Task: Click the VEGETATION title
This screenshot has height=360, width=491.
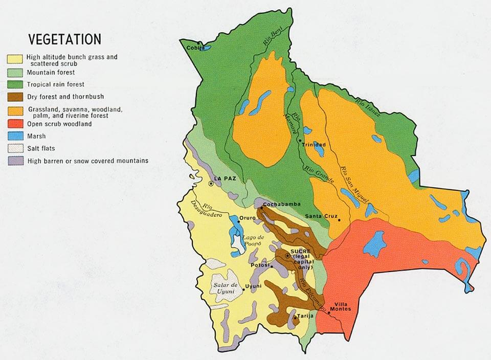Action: [64, 40]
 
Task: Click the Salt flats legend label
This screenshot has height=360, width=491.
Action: [41, 149]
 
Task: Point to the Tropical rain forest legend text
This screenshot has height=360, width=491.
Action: [56, 84]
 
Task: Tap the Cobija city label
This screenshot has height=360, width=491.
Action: [195, 48]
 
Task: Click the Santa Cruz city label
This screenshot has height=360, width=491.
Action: [320, 216]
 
